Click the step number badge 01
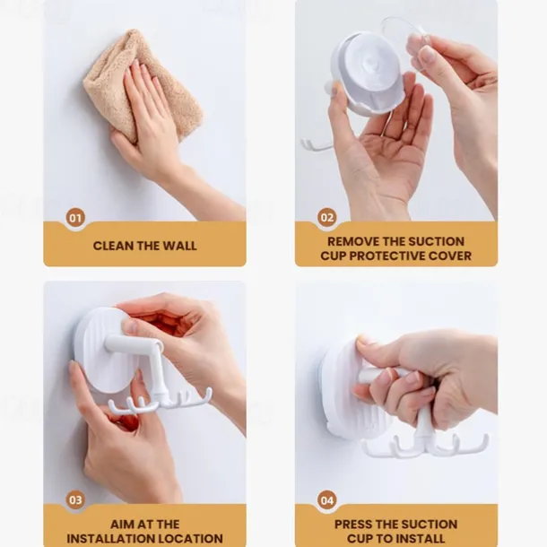75,218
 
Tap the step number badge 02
327,218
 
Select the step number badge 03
75,499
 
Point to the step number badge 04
327,500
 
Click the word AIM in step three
122,525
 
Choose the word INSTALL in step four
420,539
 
